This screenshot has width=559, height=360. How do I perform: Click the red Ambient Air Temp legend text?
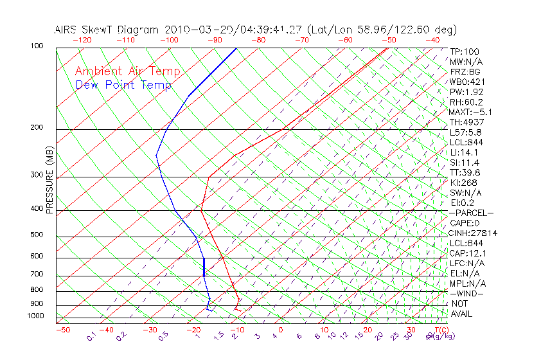(127, 72)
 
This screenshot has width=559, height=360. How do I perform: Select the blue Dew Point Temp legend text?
(123, 85)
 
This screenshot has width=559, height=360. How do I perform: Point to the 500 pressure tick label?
(37, 235)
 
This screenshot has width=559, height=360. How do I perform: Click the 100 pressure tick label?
(37, 47)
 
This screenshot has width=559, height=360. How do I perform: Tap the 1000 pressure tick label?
(35, 316)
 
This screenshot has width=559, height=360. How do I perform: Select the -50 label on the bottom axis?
(62, 330)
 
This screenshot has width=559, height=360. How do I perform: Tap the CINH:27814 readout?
(474, 233)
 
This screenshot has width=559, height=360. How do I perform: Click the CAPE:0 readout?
(466, 223)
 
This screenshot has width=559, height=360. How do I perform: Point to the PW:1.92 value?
(465, 92)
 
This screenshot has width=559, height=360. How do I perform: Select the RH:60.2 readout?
(465, 102)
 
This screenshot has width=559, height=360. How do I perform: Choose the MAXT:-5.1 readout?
(470, 113)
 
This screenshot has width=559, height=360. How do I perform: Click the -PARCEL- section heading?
(471, 213)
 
